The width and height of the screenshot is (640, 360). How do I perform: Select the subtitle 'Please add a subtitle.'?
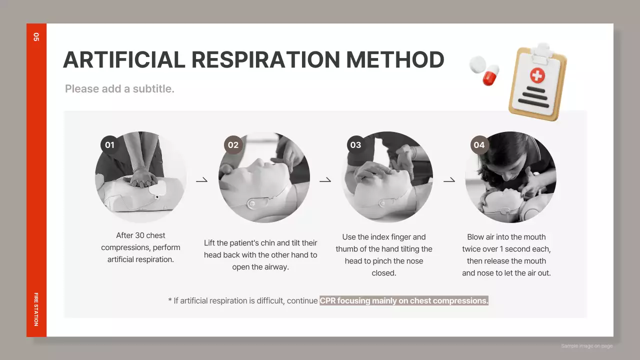click(x=119, y=89)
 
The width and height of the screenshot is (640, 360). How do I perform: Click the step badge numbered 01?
click(x=109, y=145)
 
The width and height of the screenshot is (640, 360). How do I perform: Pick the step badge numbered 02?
click(x=233, y=145)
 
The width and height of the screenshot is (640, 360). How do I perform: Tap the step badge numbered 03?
click(x=355, y=145)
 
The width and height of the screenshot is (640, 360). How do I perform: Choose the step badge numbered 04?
click(x=479, y=145)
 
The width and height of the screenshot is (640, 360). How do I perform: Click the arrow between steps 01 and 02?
click(x=201, y=179)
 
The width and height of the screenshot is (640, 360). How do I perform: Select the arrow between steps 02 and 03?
click(x=325, y=179)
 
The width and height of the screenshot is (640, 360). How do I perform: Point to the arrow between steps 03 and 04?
click(x=449, y=179)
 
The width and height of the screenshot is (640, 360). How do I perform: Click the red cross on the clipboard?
click(x=537, y=75)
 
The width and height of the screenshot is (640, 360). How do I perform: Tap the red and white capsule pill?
click(x=491, y=75)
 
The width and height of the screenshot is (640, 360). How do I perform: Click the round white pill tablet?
click(x=477, y=63)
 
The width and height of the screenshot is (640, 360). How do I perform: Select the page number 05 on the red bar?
click(x=36, y=36)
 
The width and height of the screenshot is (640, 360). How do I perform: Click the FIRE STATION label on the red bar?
click(x=36, y=309)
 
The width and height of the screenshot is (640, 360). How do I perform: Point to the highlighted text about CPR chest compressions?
click(x=403, y=301)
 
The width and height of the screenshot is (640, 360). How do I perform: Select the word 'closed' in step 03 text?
click(x=383, y=273)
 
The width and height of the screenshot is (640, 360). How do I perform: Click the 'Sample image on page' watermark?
click(x=586, y=346)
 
